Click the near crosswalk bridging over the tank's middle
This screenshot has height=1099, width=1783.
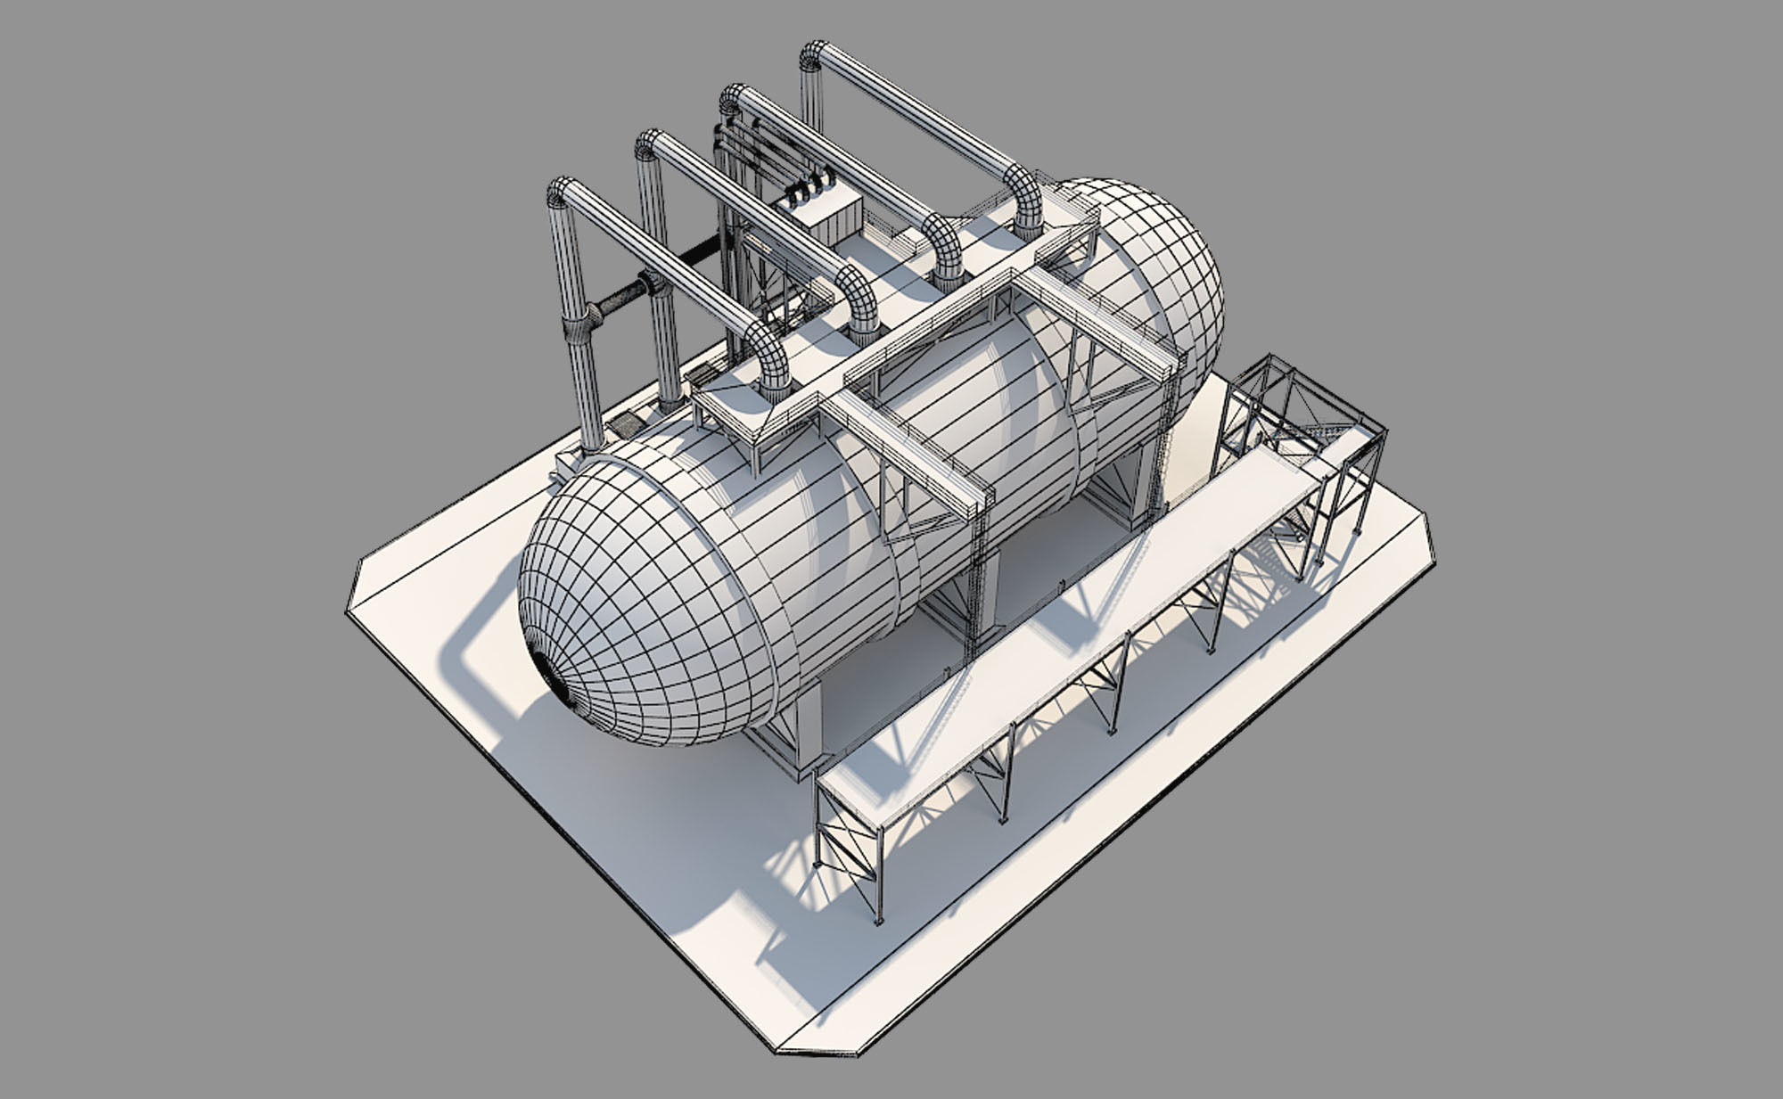click(909, 455)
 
